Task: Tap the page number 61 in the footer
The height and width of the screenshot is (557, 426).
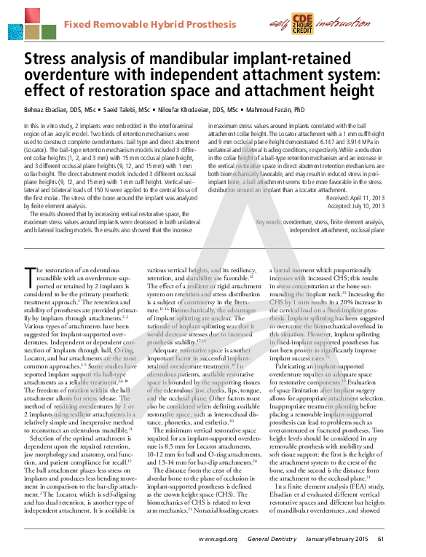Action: point(401,540)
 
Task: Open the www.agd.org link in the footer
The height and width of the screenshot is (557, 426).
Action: point(219,540)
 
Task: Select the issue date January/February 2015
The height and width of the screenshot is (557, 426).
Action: point(346,540)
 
